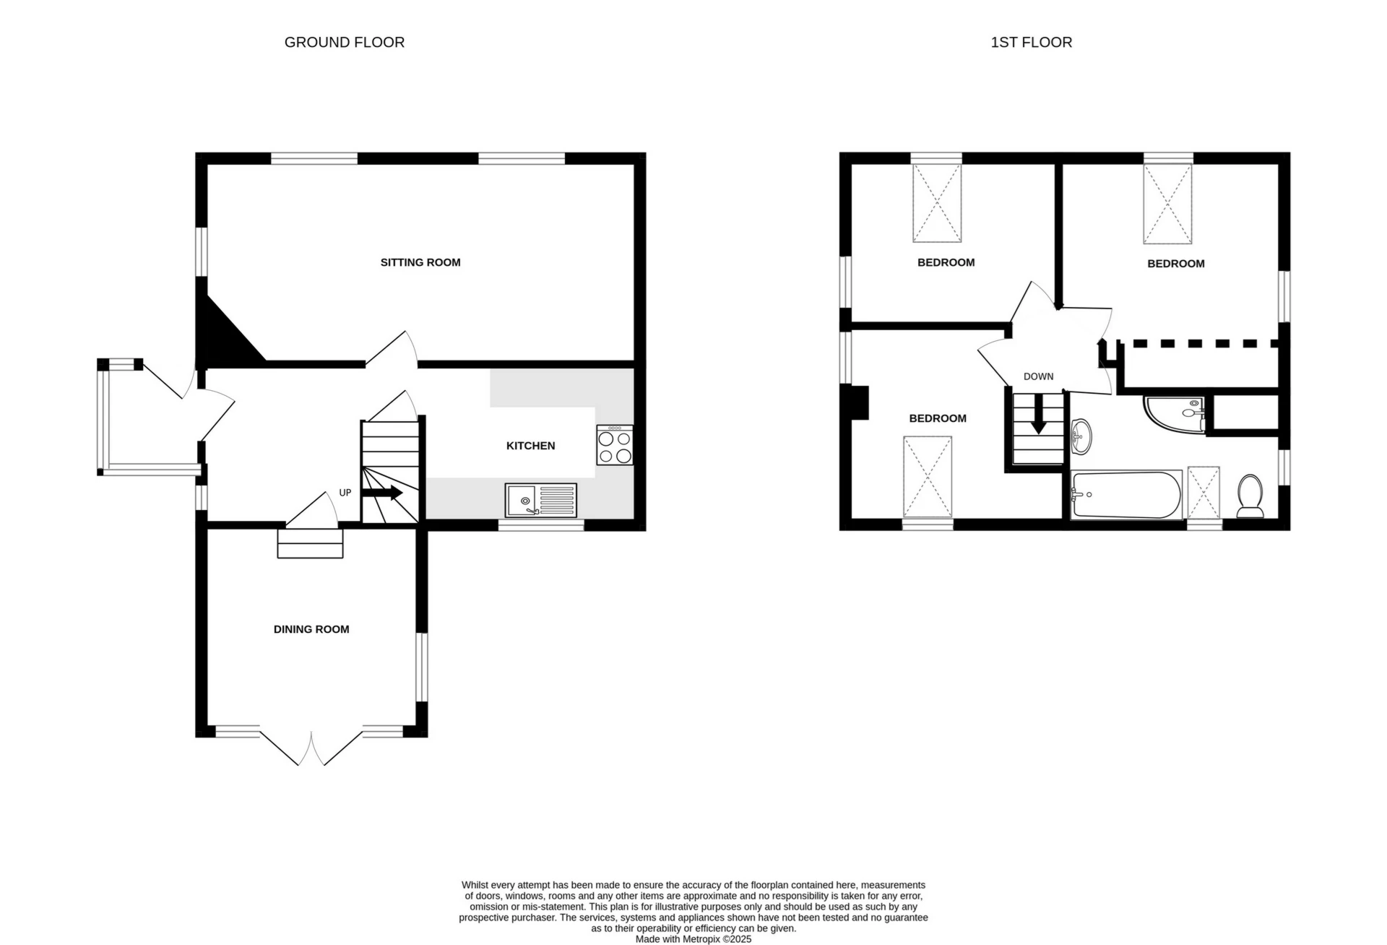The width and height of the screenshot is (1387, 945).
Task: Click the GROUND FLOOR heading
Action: [344, 43]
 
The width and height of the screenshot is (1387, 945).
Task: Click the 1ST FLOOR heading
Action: [1031, 43]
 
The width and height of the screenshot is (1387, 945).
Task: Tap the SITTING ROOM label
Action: [420, 262]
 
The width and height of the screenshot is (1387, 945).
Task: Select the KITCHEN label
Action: [530, 446]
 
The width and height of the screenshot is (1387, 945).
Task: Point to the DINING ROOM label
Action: [311, 629]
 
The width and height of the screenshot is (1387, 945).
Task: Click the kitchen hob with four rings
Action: [615, 445]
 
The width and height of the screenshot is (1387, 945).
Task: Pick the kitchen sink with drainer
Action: [541, 500]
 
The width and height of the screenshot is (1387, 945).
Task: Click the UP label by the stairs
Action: [345, 493]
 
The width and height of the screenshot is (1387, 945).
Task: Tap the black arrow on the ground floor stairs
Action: [382, 493]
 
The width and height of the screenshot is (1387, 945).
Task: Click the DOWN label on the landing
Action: [1038, 376]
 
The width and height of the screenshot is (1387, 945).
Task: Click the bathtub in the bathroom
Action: [1126, 495]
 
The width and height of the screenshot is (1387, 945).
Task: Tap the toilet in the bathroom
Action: [1250, 496]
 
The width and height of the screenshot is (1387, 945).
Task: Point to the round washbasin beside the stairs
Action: [1081, 436]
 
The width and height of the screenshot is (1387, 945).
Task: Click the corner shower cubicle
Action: [1174, 413]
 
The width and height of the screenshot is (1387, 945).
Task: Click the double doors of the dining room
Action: [311, 748]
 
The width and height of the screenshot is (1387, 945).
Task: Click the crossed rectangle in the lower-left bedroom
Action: [928, 476]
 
